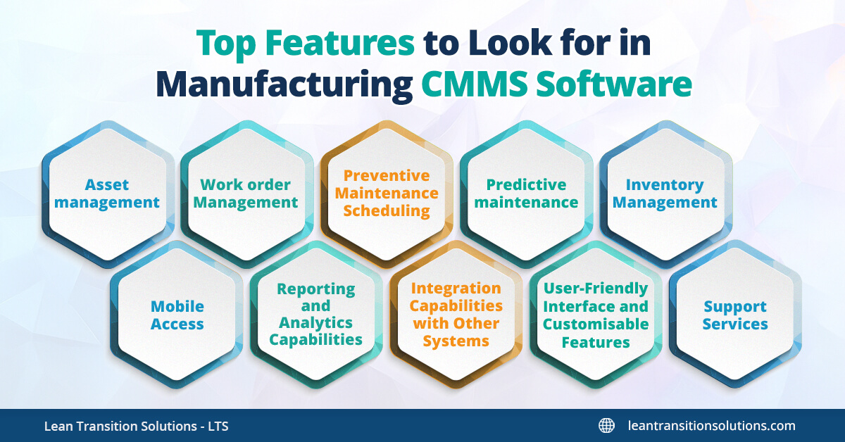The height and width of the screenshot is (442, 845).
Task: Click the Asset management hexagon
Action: pyautogui.click(x=107, y=194)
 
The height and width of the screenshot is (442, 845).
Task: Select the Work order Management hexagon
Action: pyautogui.click(x=246, y=194)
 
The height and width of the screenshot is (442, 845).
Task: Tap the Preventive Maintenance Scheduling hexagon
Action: pyautogui.click(x=386, y=194)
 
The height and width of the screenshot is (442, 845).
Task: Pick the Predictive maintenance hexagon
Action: pyautogui.click(x=526, y=194)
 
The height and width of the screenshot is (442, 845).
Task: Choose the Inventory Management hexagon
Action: pyautogui.click(x=665, y=194)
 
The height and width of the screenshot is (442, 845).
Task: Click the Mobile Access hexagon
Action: pyautogui.click(x=177, y=315)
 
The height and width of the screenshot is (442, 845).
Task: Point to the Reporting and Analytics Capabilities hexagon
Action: pyautogui.click(x=315, y=315)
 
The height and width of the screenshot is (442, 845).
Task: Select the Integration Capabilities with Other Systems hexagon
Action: pyautogui.click(x=456, y=315)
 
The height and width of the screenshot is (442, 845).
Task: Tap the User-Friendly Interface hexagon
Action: pyautogui.click(x=596, y=315)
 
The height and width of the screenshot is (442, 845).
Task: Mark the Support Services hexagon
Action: pyautogui.click(x=735, y=315)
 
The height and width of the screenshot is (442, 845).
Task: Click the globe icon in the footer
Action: pyautogui.click(x=606, y=426)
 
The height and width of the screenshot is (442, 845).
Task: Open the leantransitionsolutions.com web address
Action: pyautogui.click(x=711, y=426)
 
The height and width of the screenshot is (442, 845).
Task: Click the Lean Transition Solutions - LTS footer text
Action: pyautogui.click(x=136, y=426)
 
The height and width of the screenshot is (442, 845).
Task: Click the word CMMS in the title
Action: pyautogui.click(x=473, y=84)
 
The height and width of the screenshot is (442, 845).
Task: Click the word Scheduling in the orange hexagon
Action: pyautogui.click(x=386, y=210)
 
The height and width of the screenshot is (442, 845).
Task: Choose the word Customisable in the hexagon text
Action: pyautogui.click(x=596, y=324)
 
